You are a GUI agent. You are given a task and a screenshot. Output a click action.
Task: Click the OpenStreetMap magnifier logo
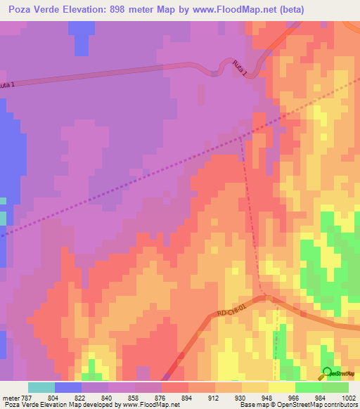click(x=328, y=372)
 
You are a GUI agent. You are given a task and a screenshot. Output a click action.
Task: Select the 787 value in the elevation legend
click(x=27, y=398)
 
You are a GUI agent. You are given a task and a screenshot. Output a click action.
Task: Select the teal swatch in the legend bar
click(x=41, y=387)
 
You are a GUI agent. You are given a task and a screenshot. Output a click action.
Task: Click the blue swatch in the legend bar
click(x=67, y=387)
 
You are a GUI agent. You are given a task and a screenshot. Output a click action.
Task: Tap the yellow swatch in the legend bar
click(x=255, y=387)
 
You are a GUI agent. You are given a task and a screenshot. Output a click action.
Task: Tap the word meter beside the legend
click(x=11, y=398)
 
